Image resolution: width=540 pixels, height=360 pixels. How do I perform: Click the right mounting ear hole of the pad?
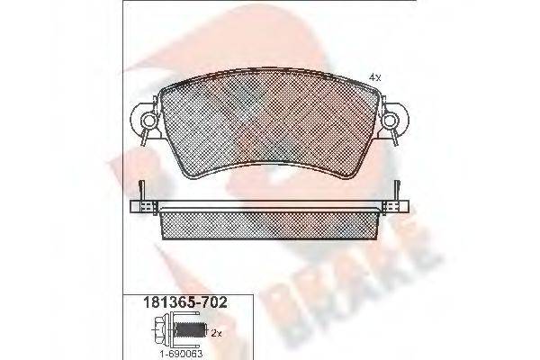(x=393, y=117)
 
